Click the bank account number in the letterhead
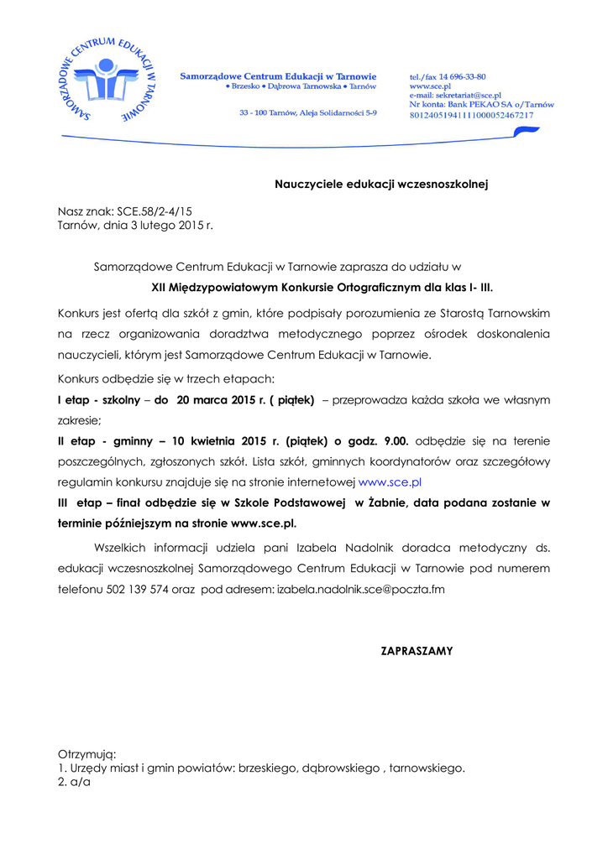click(471, 115)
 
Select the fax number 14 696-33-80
click(460, 76)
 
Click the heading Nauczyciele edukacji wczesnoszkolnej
click(381, 183)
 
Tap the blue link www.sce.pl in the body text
click(390, 482)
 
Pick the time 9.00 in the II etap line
click(395, 440)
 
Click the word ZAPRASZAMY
click(417, 650)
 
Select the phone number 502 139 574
click(138, 589)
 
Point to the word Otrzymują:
click(86, 753)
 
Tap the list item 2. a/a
click(74, 781)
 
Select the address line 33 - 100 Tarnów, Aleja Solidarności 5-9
click(308, 112)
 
